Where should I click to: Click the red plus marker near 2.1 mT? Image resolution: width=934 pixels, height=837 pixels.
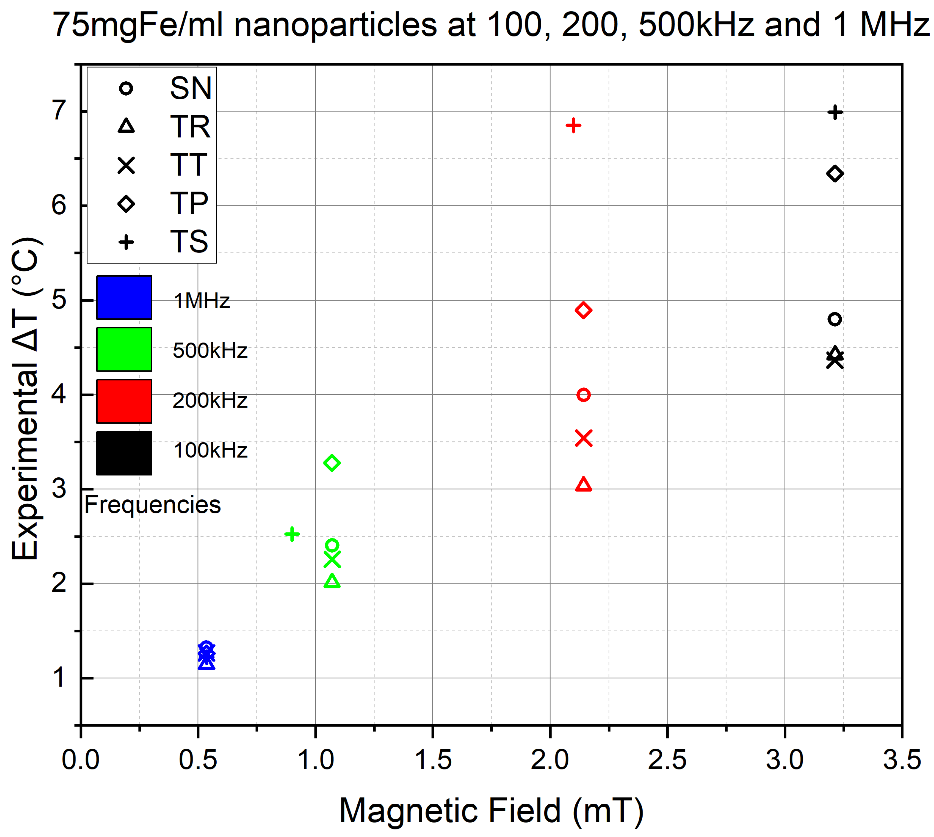[x=573, y=125]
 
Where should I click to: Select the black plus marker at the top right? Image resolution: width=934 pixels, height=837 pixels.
[x=835, y=112]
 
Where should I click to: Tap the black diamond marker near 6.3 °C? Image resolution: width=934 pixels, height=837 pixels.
[x=835, y=174]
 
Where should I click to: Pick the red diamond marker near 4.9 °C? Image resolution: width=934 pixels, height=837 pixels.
[x=583, y=311]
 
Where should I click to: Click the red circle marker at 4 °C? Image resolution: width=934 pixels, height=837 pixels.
[x=583, y=395]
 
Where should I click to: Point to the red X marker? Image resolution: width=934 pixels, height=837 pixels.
[x=583, y=438]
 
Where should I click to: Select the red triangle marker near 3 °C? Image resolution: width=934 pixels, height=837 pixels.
[x=583, y=485]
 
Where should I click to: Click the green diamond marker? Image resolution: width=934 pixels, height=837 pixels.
[x=332, y=463]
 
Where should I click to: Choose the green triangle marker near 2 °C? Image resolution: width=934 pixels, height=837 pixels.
[x=332, y=581]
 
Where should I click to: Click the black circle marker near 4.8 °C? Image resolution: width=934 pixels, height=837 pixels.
[x=835, y=319]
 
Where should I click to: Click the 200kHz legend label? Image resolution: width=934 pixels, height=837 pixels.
[x=210, y=401]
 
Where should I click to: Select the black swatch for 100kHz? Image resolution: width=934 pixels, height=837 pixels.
[x=124, y=453]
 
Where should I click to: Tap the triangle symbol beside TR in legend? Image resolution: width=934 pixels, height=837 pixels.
[x=126, y=126]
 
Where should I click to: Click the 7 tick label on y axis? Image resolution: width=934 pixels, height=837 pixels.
[x=59, y=110]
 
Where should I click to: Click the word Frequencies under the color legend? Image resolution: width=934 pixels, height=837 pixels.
[x=152, y=504]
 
